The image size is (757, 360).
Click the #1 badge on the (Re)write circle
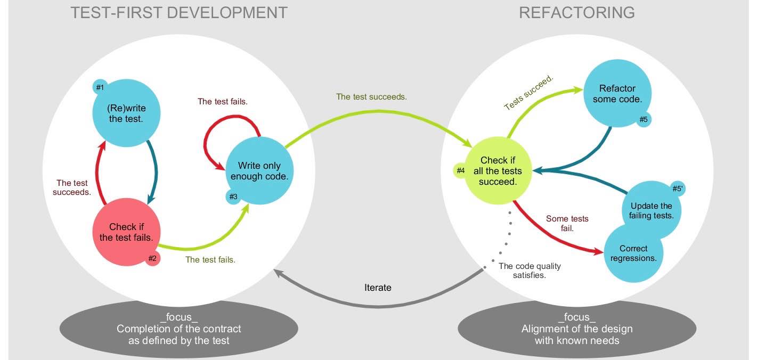(100, 87)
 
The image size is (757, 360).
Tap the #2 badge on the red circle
(152, 258)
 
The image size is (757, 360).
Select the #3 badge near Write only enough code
(233, 197)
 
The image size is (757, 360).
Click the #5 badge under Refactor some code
(644, 119)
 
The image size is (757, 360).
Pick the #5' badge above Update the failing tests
(677, 189)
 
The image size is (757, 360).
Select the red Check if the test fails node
(126, 232)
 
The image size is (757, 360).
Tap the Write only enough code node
(259, 170)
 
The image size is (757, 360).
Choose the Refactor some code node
(617, 94)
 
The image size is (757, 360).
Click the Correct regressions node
(633, 253)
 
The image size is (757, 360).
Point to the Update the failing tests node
(652, 211)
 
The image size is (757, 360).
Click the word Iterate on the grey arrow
(378, 288)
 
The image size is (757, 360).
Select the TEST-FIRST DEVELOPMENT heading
(179, 13)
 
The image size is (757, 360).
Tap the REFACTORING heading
(577, 13)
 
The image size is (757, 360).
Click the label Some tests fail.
(567, 224)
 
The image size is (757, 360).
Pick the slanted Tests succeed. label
(529, 93)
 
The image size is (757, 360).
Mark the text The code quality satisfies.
(530, 271)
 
